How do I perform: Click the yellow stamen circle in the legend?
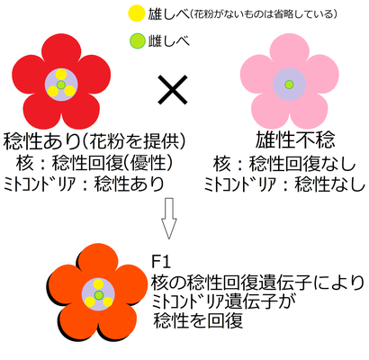point(137,13)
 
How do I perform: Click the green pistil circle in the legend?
point(137,41)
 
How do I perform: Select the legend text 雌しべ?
point(169,41)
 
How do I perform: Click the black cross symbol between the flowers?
point(173,90)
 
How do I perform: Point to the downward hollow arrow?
point(169,218)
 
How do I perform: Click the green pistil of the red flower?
point(61,85)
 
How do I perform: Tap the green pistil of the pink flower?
point(289,85)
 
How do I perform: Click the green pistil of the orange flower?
point(98,295)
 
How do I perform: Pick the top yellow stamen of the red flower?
point(61,75)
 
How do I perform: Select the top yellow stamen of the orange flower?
point(98,284)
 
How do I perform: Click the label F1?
point(161,261)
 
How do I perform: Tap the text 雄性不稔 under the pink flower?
point(295,140)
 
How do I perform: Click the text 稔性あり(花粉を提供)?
point(94,140)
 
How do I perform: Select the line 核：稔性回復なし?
point(284,164)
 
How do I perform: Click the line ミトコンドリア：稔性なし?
point(284,184)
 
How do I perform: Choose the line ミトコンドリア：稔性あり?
point(84,184)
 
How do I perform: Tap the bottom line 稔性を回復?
point(198,320)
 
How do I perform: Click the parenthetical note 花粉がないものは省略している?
point(264,14)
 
